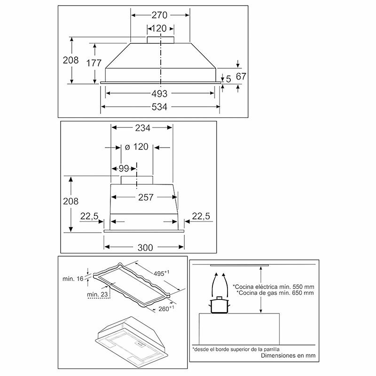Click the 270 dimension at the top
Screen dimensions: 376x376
159,15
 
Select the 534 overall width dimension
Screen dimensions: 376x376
159,107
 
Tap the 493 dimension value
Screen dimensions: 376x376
159,94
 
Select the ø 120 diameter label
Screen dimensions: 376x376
135,147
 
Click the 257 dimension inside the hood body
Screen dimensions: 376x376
146,197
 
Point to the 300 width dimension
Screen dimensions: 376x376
143,248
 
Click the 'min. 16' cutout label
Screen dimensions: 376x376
72,279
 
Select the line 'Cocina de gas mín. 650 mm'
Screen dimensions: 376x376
273,293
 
